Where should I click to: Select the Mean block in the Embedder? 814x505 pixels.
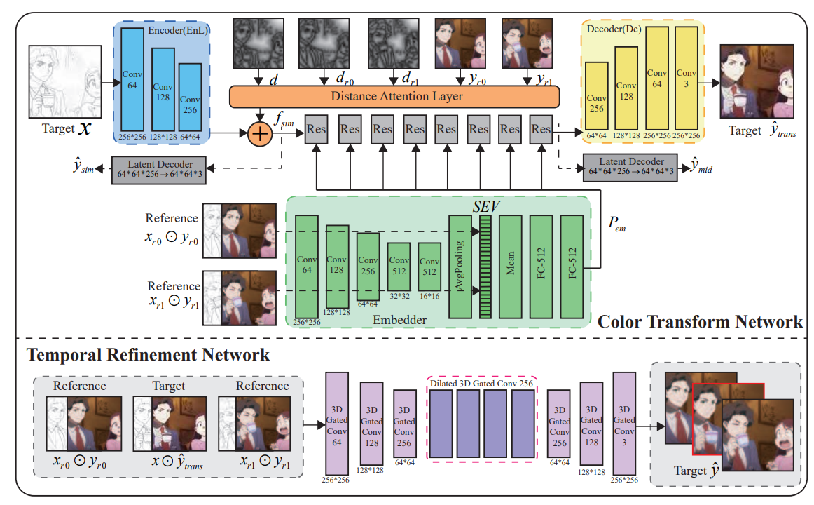pos(511,267)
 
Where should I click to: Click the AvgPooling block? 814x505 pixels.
pos(460,267)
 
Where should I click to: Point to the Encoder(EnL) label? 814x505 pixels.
pos(179,30)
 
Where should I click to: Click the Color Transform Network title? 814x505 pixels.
pos(699,322)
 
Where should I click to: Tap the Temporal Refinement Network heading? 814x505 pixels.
pos(148,355)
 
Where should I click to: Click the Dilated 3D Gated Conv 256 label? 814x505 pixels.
pos(482,384)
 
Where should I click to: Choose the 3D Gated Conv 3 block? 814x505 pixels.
pos(623,425)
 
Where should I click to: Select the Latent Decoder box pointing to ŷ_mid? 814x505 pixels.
pos(631,168)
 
